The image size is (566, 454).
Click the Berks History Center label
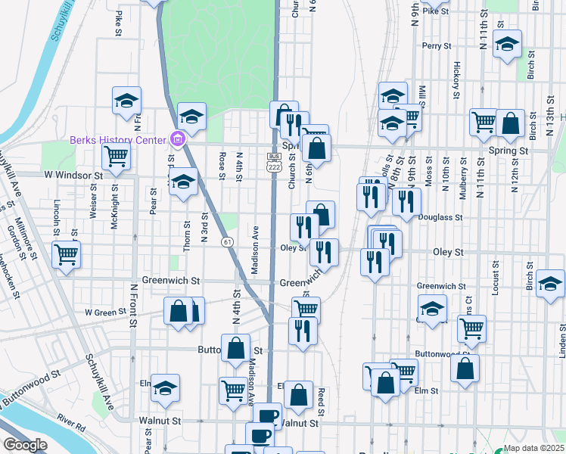pos(117,140)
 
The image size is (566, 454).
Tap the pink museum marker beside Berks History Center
pos(178,139)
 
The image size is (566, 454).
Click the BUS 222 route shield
pos(273,162)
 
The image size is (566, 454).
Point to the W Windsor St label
pos(73,176)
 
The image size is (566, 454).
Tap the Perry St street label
pos(437,46)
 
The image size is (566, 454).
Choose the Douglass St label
pos(440,217)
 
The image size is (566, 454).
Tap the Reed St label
pos(322,400)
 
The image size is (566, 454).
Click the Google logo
pos(24,445)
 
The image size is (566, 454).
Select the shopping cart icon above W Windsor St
pos(116,156)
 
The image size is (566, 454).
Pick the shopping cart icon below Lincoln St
pos(66,254)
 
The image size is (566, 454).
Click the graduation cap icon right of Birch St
pos(550,284)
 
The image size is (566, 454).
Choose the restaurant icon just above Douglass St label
pos(407,201)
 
